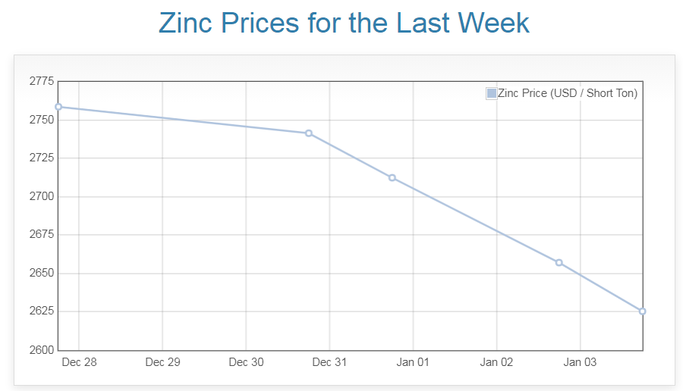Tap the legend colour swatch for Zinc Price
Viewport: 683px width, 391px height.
pos(491,93)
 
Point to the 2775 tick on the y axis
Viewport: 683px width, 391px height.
pos(41,81)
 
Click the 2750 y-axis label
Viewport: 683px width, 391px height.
pos(41,120)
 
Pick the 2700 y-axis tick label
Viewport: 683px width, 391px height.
pos(41,196)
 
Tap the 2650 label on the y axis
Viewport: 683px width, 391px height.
pos(41,273)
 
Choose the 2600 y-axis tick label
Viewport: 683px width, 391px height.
pos(41,350)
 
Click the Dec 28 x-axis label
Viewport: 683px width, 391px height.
pos(79,362)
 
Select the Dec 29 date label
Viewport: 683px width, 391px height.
pos(162,362)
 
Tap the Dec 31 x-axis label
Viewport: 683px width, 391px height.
pos(329,362)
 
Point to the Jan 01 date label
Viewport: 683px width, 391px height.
pos(413,362)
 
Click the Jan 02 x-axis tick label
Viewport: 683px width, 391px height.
pos(496,362)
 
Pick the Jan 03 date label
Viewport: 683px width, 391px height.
pos(580,362)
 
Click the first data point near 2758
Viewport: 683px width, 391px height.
pos(58,107)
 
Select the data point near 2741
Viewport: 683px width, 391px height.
pos(309,133)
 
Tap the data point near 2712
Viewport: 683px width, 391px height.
pos(392,177)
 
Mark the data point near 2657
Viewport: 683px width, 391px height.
pos(559,262)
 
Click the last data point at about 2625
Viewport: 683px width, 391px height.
pos(643,311)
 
